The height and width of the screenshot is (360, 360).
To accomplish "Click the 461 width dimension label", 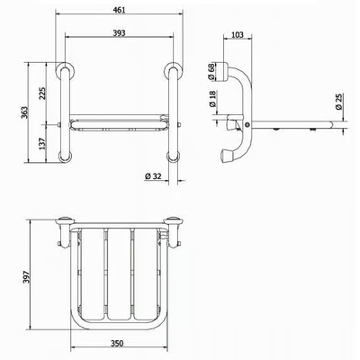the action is point(119,10).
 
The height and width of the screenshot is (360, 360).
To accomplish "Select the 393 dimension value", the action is point(119,33).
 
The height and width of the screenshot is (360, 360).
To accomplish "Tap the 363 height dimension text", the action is point(24,112).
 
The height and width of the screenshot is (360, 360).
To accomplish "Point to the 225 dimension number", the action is point(42,94).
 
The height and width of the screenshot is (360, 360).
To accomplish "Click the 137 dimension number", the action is point(42,144).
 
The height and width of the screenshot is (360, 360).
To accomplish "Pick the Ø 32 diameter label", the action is point(153,176).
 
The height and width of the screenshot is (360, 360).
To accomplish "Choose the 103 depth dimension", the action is point(238,35).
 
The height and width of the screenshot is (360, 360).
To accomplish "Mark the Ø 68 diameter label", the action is point(211,72).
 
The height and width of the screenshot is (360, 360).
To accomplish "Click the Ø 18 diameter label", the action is point(211,99).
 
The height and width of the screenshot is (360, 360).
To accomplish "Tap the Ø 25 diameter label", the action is point(338,102).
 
